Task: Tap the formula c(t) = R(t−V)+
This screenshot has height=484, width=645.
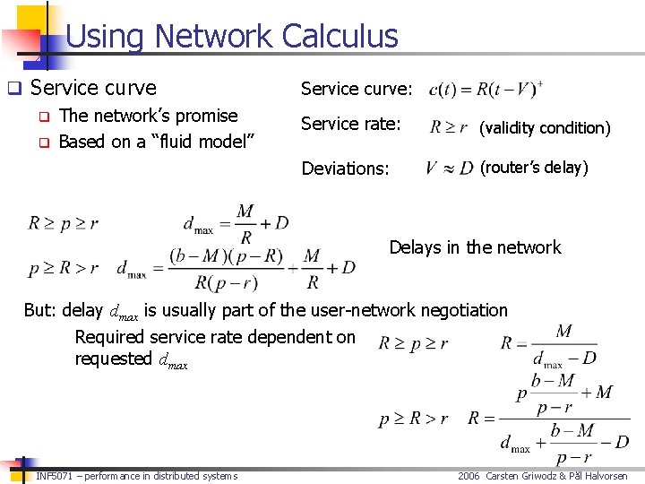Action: (486, 90)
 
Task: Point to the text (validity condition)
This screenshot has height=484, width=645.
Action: (545, 128)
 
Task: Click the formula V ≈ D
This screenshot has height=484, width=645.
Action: (449, 168)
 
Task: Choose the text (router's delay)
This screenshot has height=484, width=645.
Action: (534, 168)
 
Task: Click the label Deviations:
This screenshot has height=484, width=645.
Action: (345, 168)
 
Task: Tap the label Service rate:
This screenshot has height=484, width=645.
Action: (350, 125)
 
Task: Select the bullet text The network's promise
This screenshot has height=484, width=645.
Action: (148, 116)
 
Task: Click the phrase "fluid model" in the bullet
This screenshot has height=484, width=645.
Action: (202, 141)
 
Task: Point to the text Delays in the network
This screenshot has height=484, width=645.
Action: (475, 247)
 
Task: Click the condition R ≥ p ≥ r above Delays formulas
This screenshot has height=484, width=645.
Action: (63, 223)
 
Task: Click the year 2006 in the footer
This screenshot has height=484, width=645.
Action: (469, 476)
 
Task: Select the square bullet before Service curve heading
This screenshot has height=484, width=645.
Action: (13, 89)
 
